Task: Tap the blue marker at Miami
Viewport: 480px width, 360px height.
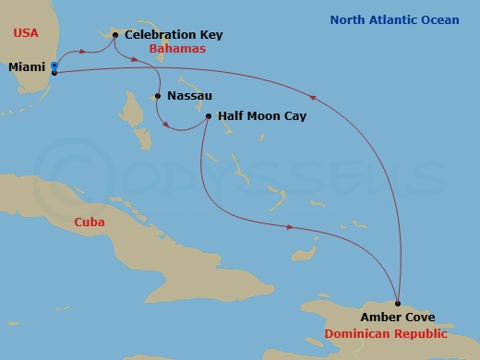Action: click(54, 66)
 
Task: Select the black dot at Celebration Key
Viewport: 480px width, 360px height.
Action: click(114, 35)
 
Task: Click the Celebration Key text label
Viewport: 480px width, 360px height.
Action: click(174, 35)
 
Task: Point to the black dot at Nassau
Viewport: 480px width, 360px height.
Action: click(159, 96)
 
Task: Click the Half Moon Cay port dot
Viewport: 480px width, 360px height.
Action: click(209, 116)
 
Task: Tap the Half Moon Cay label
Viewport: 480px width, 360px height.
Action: click(261, 116)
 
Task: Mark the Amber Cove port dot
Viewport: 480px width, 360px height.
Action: click(398, 304)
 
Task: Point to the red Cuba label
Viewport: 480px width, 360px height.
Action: click(90, 222)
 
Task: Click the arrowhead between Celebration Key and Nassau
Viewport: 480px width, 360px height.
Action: click(136, 61)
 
